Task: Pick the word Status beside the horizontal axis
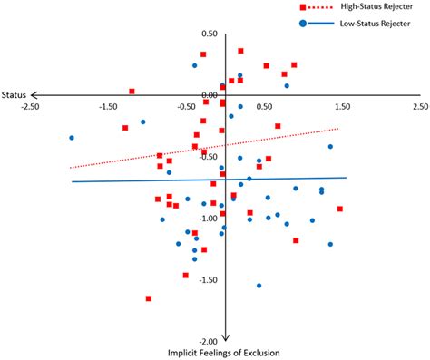tap(14, 94)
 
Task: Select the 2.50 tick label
tap(419, 106)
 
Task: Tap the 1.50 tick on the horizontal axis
tap(341, 106)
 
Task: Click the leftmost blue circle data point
tap(72, 138)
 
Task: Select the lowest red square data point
tap(149, 298)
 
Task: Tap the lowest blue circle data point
tap(259, 286)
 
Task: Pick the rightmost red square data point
tap(339, 209)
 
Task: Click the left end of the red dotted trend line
tap(70, 168)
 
